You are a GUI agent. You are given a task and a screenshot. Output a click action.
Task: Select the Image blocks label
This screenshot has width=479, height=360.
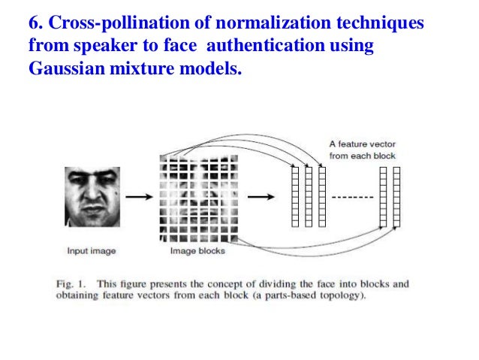[x=197, y=251]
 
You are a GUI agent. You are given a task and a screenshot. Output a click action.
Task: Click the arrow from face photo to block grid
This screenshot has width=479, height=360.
[x=137, y=197]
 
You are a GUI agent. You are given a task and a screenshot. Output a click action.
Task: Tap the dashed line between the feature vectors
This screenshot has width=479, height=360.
[x=352, y=198]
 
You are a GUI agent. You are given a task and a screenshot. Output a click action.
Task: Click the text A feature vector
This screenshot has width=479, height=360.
[x=361, y=144]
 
